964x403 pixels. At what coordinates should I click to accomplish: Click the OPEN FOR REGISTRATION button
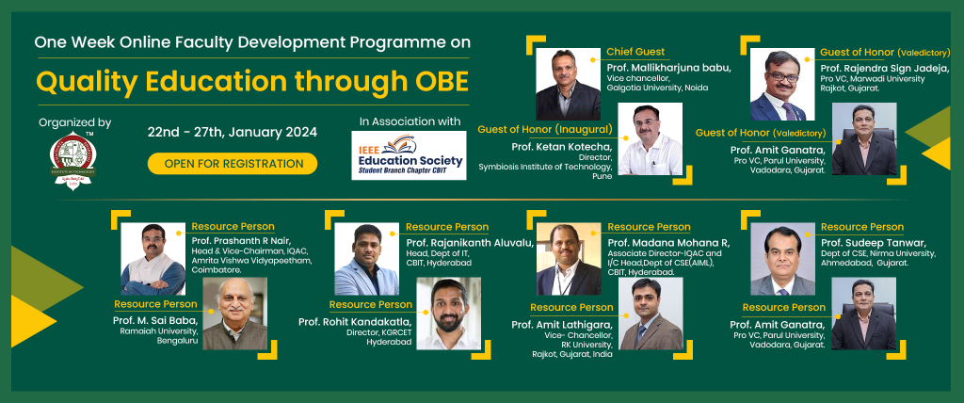point(233,164)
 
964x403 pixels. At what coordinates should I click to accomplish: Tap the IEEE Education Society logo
point(409,155)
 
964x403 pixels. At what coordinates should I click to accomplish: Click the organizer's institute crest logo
point(73,161)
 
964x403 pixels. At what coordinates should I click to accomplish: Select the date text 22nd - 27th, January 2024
point(233,132)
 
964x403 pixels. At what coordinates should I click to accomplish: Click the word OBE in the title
point(438,81)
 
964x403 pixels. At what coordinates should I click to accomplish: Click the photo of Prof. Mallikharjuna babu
point(568,84)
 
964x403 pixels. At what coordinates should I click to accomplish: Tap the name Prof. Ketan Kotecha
point(561,147)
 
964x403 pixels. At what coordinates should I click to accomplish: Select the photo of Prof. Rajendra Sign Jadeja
point(782,84)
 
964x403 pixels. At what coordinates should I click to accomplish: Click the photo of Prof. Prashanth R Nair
point(153,259)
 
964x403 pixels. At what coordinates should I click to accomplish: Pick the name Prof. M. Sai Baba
point(155,320)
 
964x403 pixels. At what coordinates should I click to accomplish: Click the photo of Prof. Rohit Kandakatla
point(449,314)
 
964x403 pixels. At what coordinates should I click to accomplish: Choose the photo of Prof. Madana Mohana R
point(569,259)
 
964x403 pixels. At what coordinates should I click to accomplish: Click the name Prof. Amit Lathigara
point(562,325)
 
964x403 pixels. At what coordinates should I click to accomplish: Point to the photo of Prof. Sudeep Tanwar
point(782,259)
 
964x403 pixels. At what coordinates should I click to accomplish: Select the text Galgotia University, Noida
point(657,88)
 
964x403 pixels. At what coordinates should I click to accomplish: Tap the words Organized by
point(75,122)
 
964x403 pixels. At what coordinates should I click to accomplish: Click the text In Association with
point(410,121)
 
